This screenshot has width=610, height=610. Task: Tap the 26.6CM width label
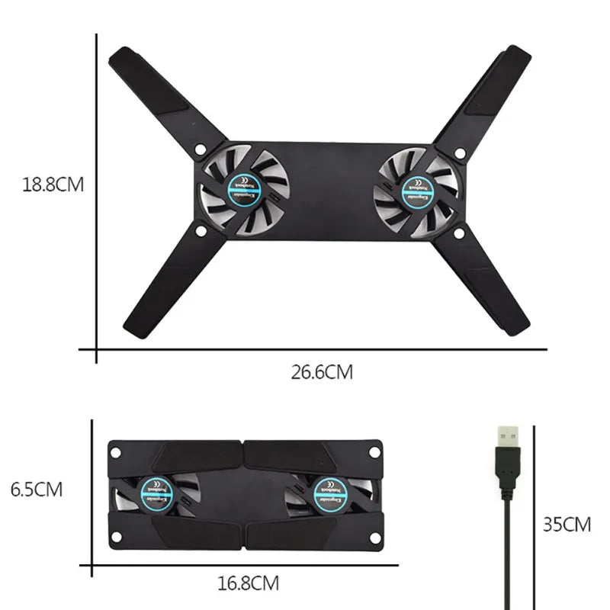tap(322, 372)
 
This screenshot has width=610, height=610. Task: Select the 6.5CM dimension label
tap(37, 489)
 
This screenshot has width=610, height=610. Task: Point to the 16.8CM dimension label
tap(248, 584)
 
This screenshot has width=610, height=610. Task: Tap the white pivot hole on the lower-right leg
tap(458, 234)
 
